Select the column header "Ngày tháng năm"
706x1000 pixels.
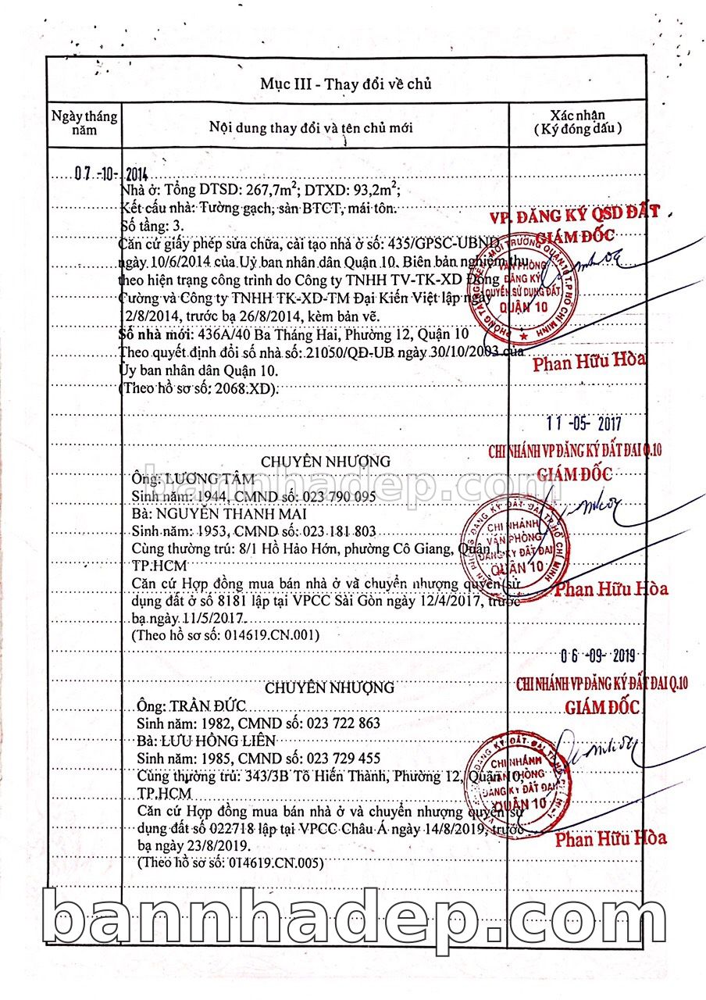(84, 123)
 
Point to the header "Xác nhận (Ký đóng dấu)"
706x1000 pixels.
(577, 123)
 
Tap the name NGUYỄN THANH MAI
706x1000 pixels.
(225, 514)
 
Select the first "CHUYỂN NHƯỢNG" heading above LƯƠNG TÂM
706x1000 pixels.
(326, 462)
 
